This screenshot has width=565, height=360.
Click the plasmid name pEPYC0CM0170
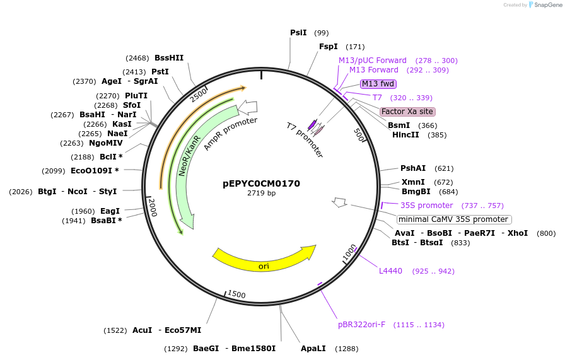[x=261, y=184]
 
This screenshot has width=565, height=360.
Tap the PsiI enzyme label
[x=298, y=33]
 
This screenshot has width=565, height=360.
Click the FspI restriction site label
[x=328, y=47]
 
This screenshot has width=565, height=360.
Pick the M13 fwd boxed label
[x=378, y=84]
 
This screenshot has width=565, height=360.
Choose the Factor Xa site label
[x=407, y=112]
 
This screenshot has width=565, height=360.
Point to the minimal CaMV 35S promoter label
[x=453, y=219]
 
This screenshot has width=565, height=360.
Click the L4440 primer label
[x=390, y=271]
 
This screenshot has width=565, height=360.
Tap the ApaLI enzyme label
[x=313, y=349]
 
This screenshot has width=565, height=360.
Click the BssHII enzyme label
[x=169, y=58]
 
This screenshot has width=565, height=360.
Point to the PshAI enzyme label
[x=413, y=168]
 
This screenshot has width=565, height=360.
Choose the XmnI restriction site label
[x=413, y=182]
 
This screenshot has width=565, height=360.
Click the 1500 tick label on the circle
[x=236, y=294]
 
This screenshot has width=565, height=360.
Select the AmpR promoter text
[x=230, y=134]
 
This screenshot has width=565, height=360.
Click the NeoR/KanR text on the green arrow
[x=189, y=155]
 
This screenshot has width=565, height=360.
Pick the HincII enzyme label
[x=405, y=135]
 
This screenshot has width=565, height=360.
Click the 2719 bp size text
[x=261, y=194]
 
